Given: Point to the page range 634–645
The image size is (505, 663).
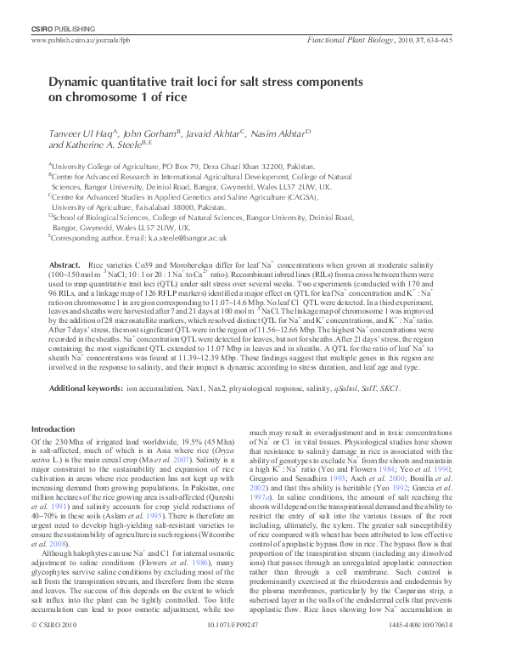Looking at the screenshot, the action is tap(457, 39).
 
